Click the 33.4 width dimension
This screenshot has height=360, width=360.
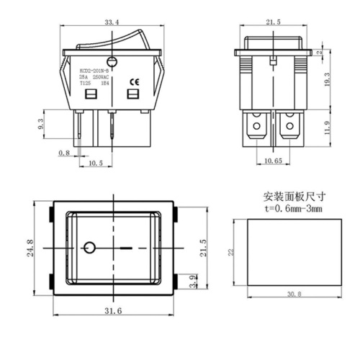pyautogui.click(x=112, y=24)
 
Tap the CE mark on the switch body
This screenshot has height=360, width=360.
pyautogui.click(x=132, y=80)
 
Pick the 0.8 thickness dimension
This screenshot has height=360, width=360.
pyautogui.click(x=63, y=153)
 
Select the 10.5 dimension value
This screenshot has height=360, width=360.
pyautogui.click(x=95, y=163)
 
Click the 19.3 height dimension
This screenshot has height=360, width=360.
pyautogui.click(x=326, y=79)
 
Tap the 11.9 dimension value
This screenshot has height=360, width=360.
pyautogui.click(x=326, y=129)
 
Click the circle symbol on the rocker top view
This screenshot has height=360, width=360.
pyautogui.click(x=89, y=248)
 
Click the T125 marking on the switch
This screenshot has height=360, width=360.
pyautogui.click(x=84, y=83)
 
